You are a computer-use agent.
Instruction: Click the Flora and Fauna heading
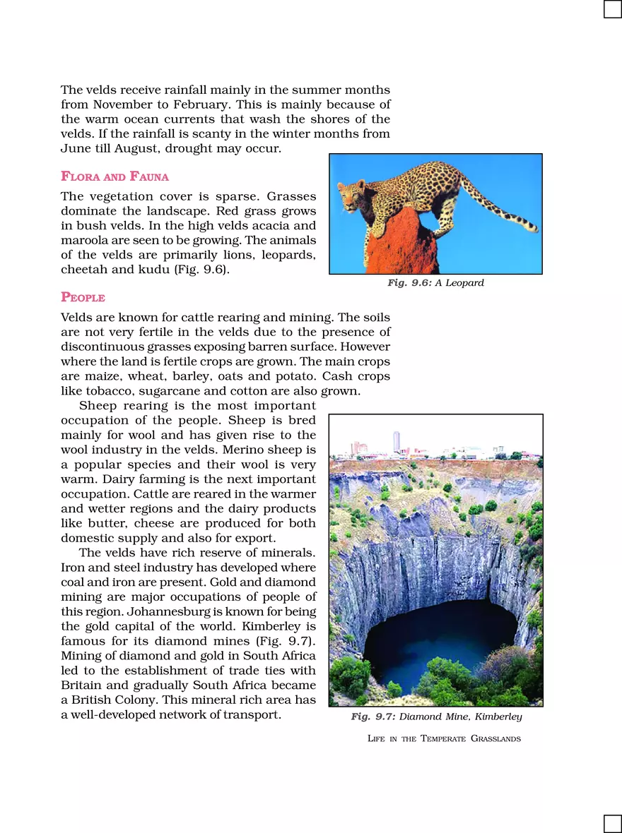coord(115,176)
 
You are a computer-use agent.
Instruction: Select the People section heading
coord(83,297)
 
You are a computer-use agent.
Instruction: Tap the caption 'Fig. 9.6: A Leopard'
coord(435,283)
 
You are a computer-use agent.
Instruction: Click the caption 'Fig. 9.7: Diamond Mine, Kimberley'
coord(436,717)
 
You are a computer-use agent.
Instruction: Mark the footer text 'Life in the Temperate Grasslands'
coord(444,738)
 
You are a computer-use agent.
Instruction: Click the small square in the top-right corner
coord(612,9)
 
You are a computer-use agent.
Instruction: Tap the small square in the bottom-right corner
coord(612,823)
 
